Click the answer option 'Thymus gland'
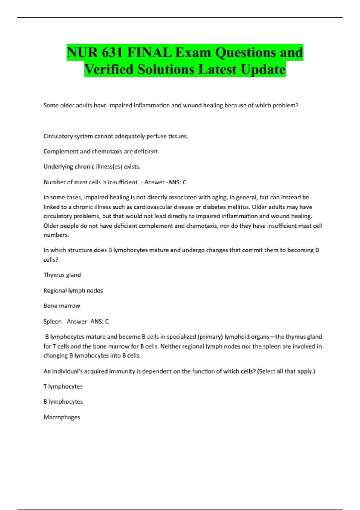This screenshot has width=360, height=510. coord(62,275)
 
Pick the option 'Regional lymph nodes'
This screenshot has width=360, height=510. coord(73,291)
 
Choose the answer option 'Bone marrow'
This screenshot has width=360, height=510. coord(62,306)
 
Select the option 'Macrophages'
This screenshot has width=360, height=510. coord(62,417)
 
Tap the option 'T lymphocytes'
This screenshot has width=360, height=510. coord(63,386)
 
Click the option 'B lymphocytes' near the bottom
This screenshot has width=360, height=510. coord(63,402)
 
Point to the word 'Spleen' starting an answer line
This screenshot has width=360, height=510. coord(52,322)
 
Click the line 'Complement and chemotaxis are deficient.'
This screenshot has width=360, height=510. coord(101,151)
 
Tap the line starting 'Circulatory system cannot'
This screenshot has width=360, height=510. coord(116,136)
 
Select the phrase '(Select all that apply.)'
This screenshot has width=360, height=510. coord(286,371)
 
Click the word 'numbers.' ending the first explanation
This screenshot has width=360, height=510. coord(56,235)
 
